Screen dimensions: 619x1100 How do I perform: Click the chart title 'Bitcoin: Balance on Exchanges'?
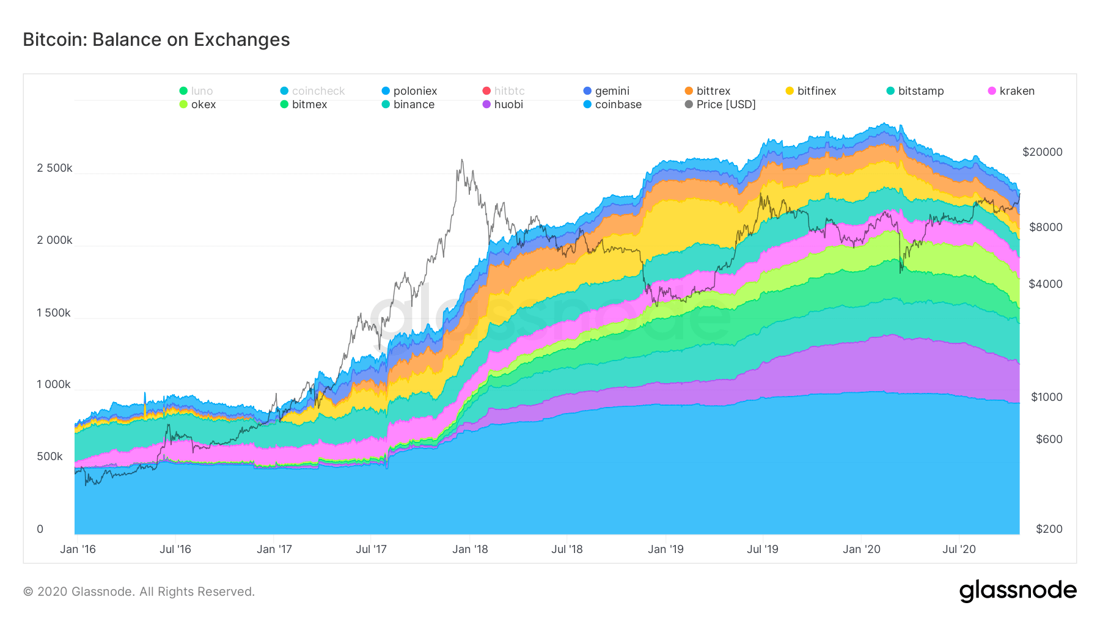point(156,40)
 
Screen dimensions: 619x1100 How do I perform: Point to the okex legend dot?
point(183,104)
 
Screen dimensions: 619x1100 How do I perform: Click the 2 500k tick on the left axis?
point(54,168)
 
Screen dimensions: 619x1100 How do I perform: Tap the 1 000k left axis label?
point(54,384)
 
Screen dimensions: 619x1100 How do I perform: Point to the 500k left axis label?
point(50,456)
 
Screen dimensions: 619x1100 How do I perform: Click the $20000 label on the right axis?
point(1042,152)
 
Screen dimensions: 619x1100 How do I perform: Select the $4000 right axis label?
point(1045,284)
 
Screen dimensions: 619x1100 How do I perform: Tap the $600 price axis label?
point(1049,439)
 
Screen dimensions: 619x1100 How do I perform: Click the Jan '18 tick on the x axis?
point(470,549)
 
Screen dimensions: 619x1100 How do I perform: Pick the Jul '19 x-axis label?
point(762,549)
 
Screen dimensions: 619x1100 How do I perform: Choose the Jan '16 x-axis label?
point(78,549)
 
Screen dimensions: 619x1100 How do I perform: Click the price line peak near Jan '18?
point(461,160)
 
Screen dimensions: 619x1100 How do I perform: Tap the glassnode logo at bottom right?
point(1018,591)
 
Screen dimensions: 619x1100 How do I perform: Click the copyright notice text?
point(139,592)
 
